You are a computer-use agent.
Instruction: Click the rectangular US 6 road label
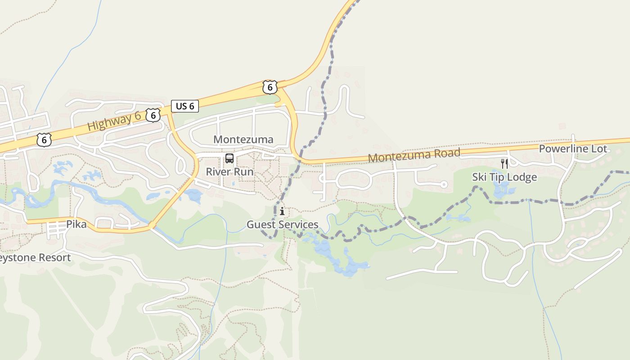pos(185,106)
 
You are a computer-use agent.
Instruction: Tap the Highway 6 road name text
pos(114,122)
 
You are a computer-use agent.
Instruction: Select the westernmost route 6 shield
pos(44,140)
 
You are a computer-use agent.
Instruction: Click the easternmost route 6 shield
pos(270,87)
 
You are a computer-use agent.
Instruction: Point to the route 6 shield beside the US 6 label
pos(153,115)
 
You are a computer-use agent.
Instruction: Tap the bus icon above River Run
pos(229,158)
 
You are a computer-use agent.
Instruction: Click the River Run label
pos(229,172)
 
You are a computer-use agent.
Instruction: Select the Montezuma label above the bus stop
pos(243,139)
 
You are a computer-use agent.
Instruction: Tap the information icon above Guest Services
pos(282,211)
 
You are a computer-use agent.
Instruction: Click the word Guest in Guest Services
pos(260,225)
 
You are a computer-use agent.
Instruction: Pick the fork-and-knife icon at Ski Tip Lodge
pos(504,163)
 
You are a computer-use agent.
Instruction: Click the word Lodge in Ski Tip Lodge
pos(522,177)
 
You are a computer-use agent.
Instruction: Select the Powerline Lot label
pos(573,149)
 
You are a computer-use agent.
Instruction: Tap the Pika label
pos(76,224)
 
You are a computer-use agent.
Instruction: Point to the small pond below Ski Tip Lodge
pos(501,190)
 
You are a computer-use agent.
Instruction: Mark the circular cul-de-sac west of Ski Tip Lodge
pos(444,184)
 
